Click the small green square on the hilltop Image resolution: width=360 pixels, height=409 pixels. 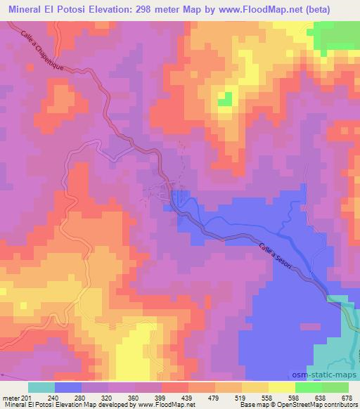point(225,99)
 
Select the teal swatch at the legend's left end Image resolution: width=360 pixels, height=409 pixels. point(42,387)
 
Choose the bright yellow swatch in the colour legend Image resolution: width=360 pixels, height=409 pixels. point(281,387)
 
